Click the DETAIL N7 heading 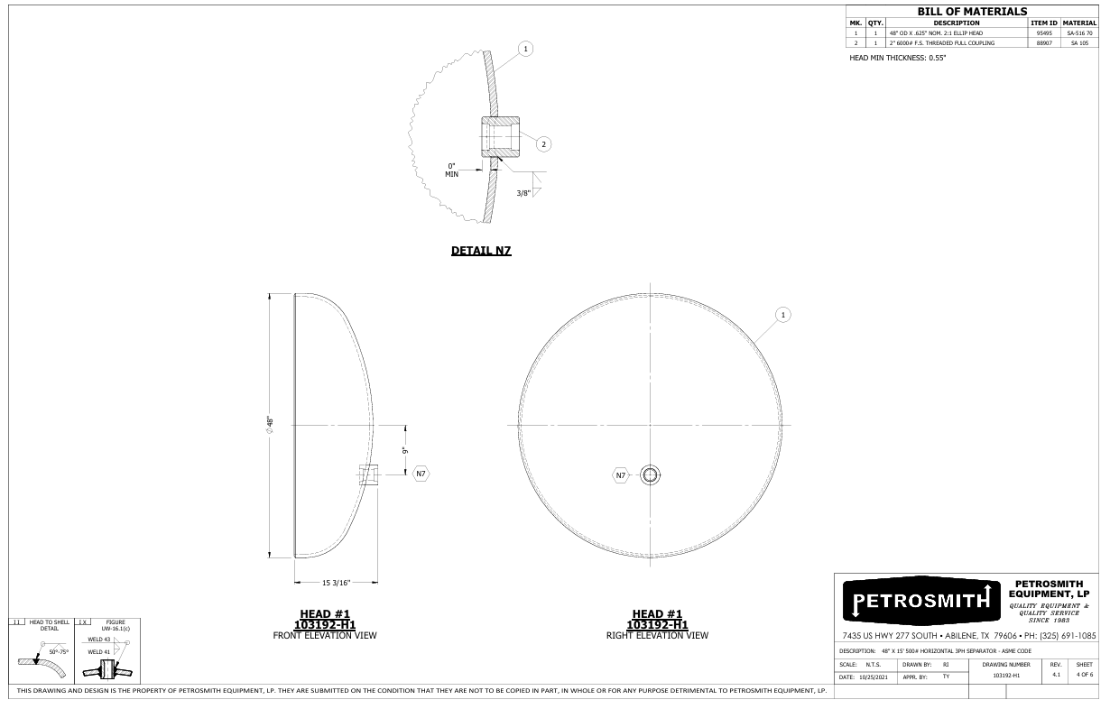pos(481,251)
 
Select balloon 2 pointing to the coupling pos(543,144)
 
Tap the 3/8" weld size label pos(523,193)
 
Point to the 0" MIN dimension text pos(451,170)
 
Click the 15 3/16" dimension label pos(336,583)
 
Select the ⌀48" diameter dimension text pos(270,425)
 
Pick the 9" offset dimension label pos(405,450)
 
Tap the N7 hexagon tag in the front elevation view pos(421,474)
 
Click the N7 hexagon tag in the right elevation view pos(621,475)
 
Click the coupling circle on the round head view pos(650,475)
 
